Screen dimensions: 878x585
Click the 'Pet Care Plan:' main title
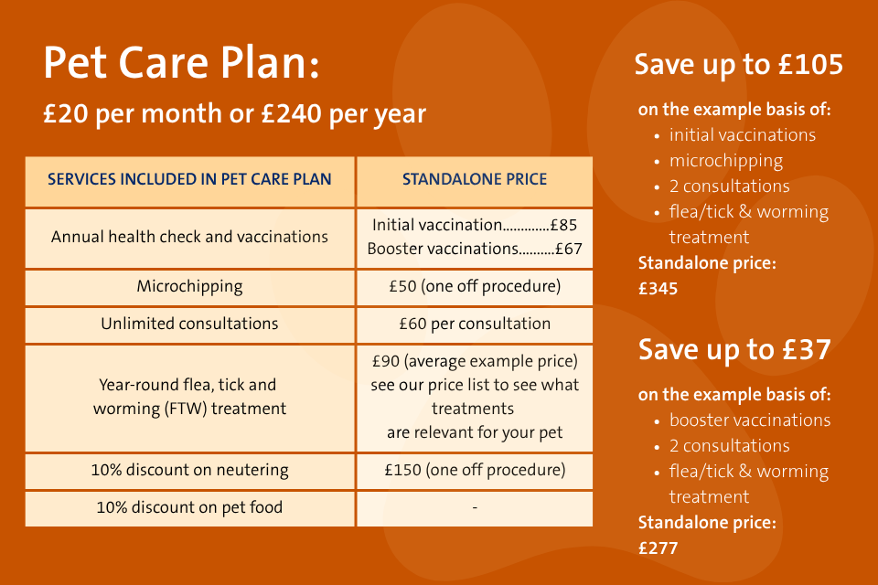point(181,63)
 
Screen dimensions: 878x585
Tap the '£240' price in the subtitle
point(291,113)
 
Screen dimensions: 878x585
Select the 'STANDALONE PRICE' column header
point(475,179)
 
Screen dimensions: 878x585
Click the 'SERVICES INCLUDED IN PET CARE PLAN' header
point(189,179)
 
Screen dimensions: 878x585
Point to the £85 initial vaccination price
point(563,225)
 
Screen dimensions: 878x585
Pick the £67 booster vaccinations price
point(568,249)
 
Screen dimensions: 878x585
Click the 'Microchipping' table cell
point(189,287)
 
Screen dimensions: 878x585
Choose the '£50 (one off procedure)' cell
point(475,287)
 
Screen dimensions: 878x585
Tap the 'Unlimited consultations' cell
point(189,324)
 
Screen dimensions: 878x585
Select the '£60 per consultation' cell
point(475,324)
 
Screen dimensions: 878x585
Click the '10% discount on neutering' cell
point(189,470)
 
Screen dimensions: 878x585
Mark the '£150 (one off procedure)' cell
point(475,470)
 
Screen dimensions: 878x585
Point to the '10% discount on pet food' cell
point(189,507)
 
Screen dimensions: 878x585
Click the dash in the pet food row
point(475,507)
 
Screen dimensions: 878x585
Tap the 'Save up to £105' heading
point(739,65)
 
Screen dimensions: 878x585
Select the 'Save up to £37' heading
point(734,350)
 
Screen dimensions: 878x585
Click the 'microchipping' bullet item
point(726,161)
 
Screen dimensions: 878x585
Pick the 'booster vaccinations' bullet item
point(750,420)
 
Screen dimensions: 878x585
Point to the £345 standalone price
point(658,289)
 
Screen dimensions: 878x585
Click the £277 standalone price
point(658,548)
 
